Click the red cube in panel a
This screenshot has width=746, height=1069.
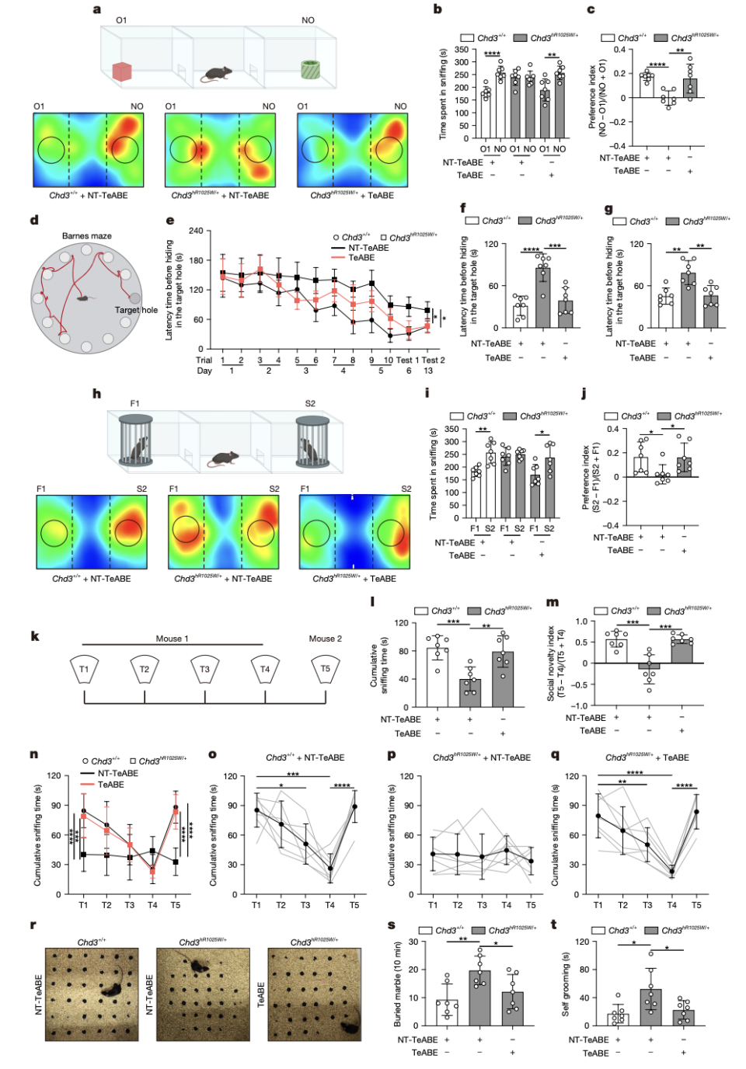tap(122, 71)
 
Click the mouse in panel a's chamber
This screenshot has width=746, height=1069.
tap(217, 74)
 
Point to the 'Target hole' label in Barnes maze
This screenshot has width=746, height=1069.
tap(136, 310)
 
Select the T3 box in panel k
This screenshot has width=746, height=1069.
tap(204, 669)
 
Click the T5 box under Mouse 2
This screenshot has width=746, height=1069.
tap(325, 669)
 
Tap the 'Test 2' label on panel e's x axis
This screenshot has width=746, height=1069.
tap(433, 360)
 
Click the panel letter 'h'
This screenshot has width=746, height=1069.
tap(96, 394)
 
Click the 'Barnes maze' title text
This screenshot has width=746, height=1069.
tap(87, 235)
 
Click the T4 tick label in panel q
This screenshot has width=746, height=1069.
tap(671, 905)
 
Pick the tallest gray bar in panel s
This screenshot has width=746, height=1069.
tap(479, 998)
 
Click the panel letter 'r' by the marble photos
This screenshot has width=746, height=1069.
tap(33, 925)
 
